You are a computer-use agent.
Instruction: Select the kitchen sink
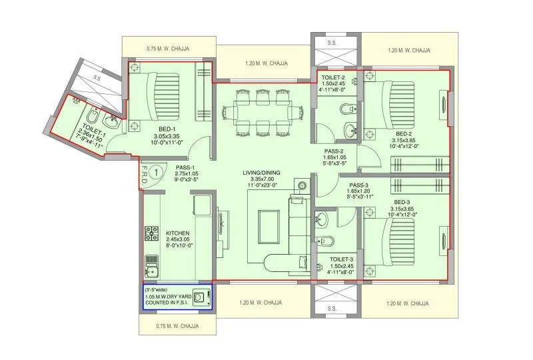[151, 269]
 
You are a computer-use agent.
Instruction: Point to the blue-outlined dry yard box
[177, 297]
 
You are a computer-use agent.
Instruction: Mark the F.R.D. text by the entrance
[144, 175]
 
